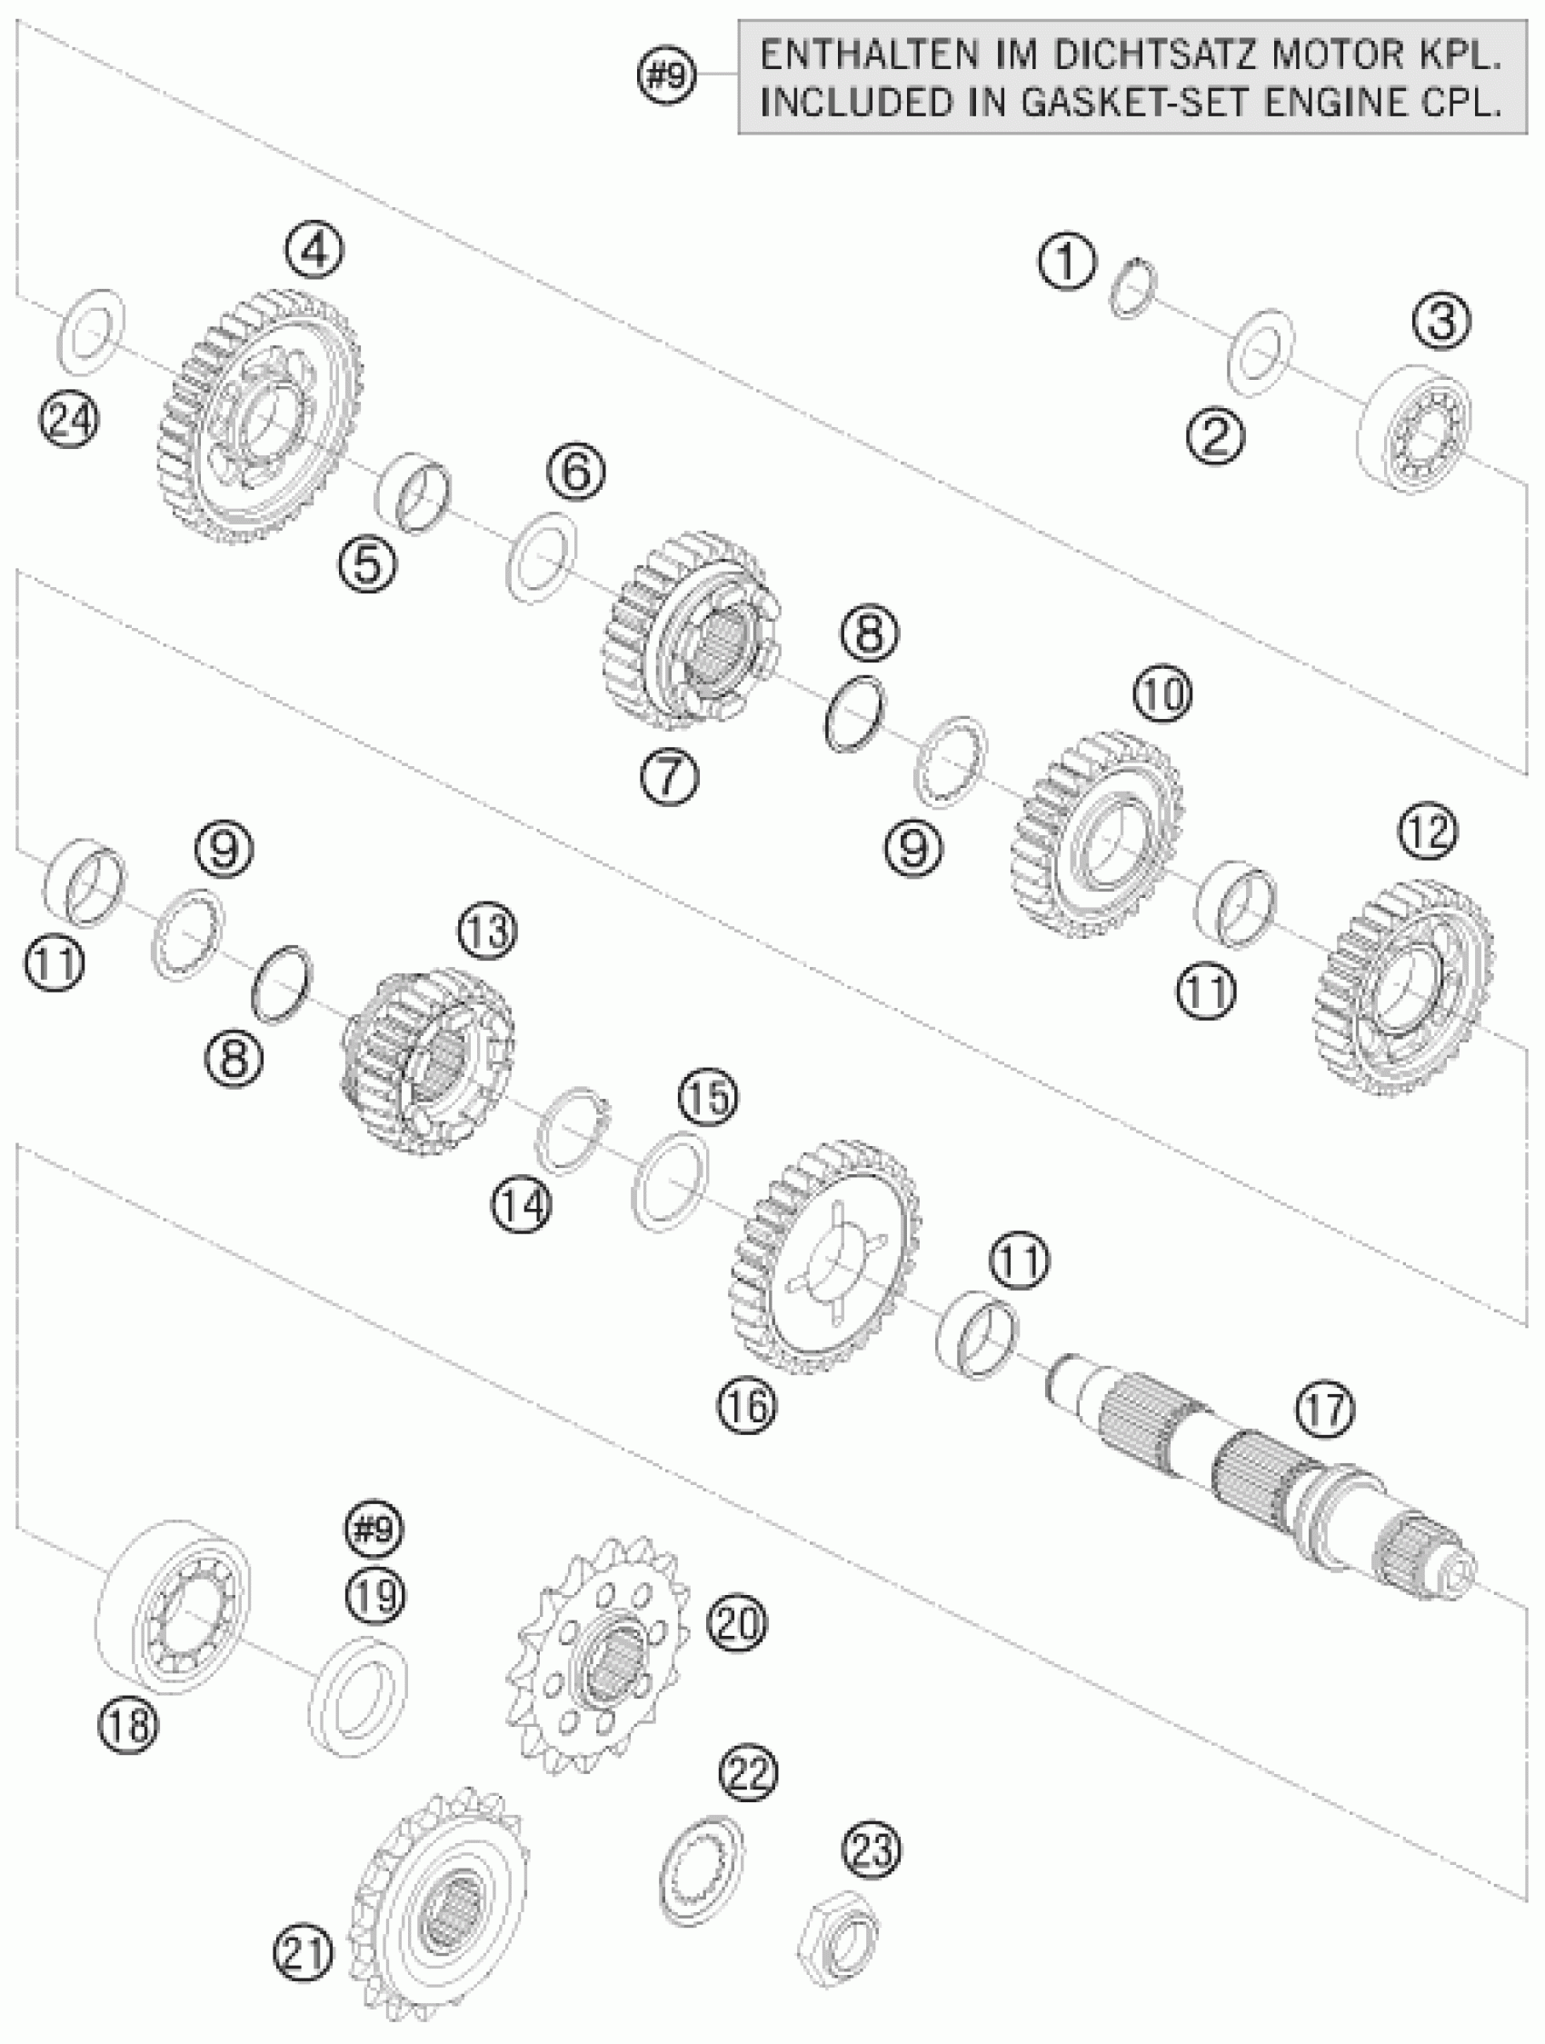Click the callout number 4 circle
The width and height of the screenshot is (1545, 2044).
pyautogui.click(x=314, y=251)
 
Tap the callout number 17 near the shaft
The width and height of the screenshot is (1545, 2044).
pyautogui.click(x=1324, y=1411)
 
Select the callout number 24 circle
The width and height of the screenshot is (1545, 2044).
pyautogui.click(x=69, y=423)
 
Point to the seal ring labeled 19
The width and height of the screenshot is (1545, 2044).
pyautogui.click(x=358, y=1696)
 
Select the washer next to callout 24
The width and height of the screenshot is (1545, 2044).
pyautogui.click(x=91, y=332)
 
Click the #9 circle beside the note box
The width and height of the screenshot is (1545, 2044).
pyautogui.click(x=667, y=75)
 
